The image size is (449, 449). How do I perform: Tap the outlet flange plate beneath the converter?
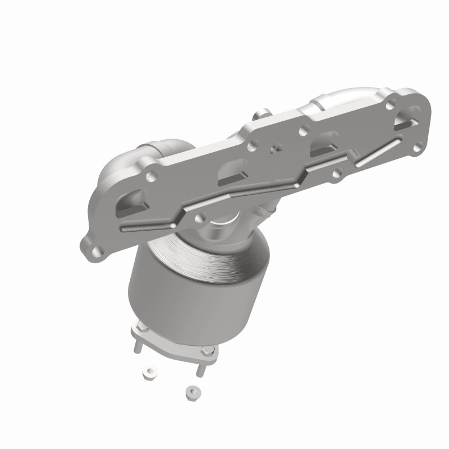[174, 345]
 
